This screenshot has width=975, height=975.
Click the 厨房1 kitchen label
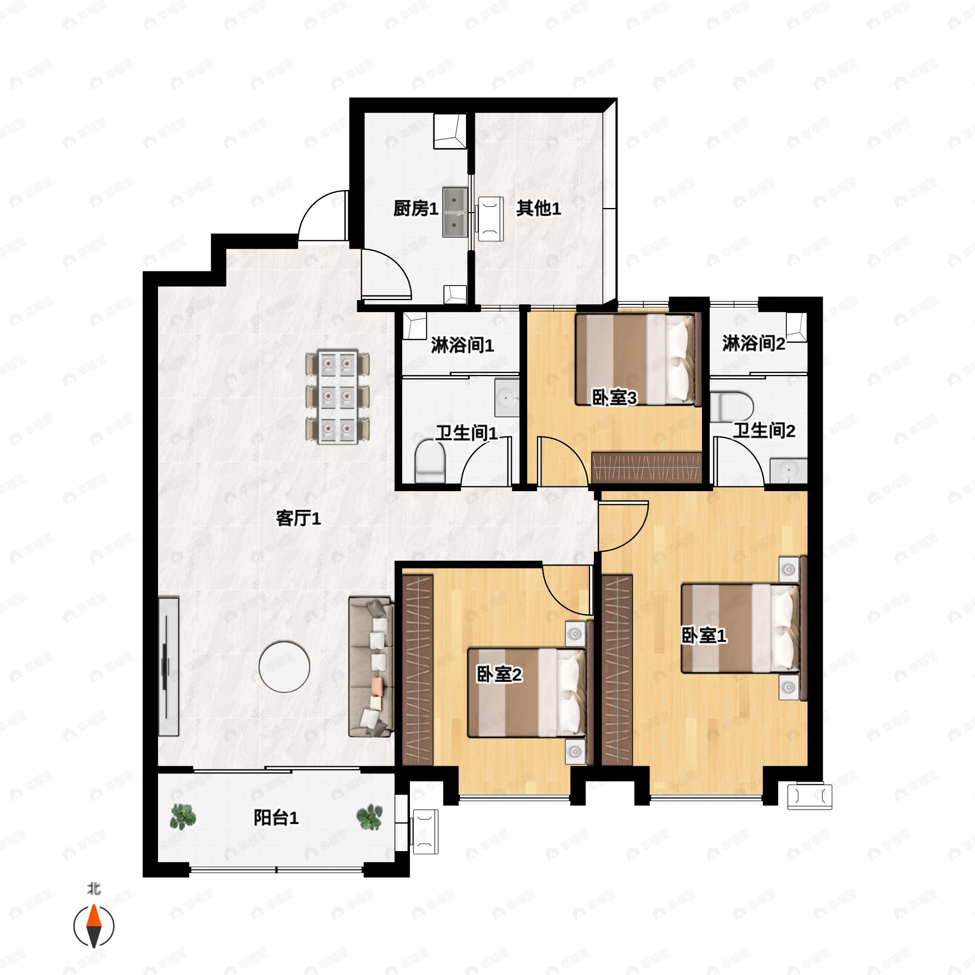(415, 208)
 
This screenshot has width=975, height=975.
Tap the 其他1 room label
(538, 208)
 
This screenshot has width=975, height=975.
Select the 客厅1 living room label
(298, 518)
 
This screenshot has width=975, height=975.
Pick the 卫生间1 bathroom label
(467, 433)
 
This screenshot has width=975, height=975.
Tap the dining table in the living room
(338, 398)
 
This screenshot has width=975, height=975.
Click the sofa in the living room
(371, 667)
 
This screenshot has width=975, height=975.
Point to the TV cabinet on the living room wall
(169, 667)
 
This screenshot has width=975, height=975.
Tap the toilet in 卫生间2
(732, 407)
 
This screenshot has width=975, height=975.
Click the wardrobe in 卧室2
(418, 669)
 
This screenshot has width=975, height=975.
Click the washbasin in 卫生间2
(788, 470)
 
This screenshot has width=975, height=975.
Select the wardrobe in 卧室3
(646, 467)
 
